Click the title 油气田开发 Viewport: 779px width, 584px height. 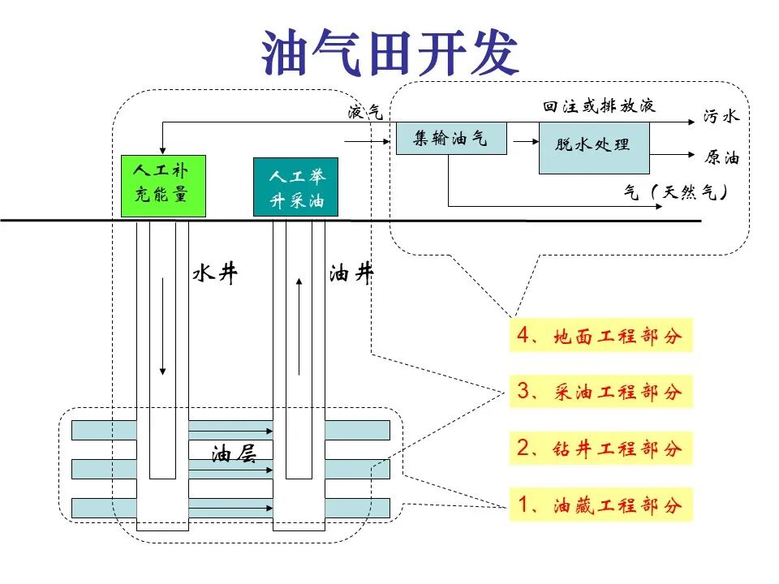pyautogui.click(x=390, y=52)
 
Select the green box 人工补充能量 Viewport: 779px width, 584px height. pyautogui.click(x=163, y=186)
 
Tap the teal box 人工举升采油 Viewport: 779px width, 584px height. pyautogui.click(x=295, y=187)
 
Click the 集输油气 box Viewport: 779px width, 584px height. pyautogui.click(x=451, y=138)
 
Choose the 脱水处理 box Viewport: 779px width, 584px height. pyautogui.click(x=594, y=148)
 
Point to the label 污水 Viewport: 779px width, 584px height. pyautogui.click(x=721, y=116)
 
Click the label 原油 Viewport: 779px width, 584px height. pyautogui.click(x=721, y=157)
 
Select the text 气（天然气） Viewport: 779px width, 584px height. pyautogui.click(x=676, y=191)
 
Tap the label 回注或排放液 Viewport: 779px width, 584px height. pyautogui.click(x=599, y=105)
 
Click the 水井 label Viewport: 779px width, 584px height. pyautogui.click(x=215, y=273)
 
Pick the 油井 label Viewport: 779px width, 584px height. pyautogui.click(x=351, y=273)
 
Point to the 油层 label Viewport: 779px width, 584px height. pyautogui.click(x=234, y=453)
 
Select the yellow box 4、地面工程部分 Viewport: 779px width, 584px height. pyautogui.click(x=600, y=335)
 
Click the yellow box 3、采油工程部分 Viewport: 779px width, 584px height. pyautogui.click(x=600, y=392)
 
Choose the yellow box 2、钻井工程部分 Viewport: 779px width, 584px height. pyautogui.click(x=600, y=449)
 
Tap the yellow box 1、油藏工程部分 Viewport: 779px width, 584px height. pyautogui.click(x=600, y=505)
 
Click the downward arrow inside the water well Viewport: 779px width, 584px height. pyautogui.click(x=162, y=327)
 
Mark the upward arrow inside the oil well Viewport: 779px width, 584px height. pyautogui.click(x=299, y=327)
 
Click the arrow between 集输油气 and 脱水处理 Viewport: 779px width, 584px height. pyautogui.click(x=526, y=141)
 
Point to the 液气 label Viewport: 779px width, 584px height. pyautogui.click(x=365, y=112)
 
